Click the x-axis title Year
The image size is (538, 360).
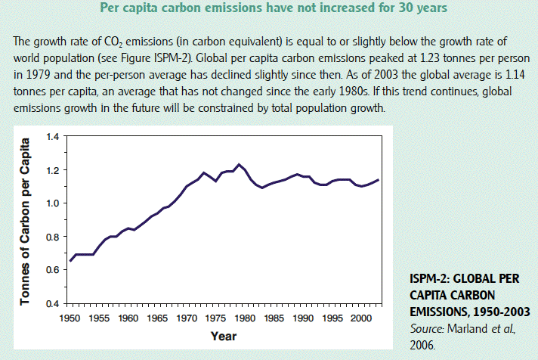(x=223, y=335)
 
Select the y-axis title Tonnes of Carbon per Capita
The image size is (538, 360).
(x=26, y=220)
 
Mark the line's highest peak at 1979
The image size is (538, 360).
(x=238, y=164)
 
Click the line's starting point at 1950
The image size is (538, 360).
(x=70, y=261)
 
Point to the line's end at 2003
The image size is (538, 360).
(x=378, y=179)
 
